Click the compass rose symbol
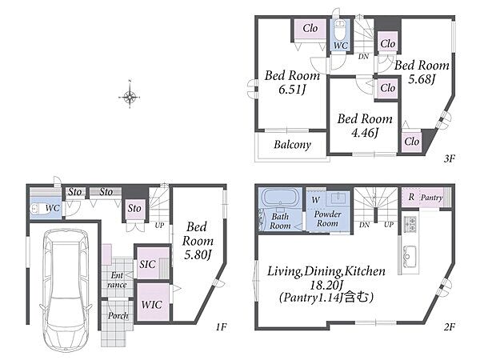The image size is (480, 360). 130,98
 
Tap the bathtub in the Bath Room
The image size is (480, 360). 281,198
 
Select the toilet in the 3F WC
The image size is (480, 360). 339,29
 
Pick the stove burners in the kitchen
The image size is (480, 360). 410,224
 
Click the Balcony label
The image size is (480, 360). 292,145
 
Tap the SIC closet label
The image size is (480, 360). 147,264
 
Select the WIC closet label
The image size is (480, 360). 151,305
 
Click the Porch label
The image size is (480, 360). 118,316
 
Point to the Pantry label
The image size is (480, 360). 432,198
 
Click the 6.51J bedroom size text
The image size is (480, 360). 292,90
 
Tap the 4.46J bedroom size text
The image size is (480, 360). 365,133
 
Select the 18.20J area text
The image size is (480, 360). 326,286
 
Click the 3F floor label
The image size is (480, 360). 450,158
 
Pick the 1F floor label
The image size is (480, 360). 221,327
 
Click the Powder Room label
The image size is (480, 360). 327,218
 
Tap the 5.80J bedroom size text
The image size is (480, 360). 198,254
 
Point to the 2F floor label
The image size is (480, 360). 450,327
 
